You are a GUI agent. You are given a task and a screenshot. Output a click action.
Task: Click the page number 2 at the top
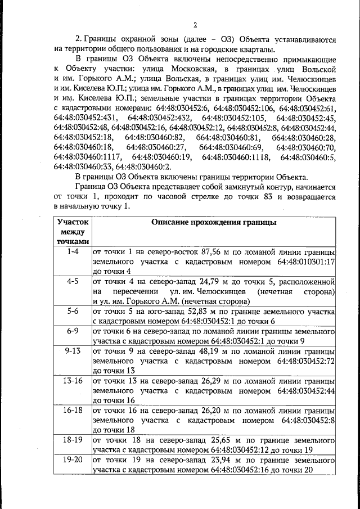(195, 25)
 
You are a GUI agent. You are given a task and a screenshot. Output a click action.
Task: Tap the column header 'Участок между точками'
(73, 232)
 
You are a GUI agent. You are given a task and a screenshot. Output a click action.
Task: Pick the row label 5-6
(73, 310)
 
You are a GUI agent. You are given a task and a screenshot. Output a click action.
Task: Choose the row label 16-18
(73, 411)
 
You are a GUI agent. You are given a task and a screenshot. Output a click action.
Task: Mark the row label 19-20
(73, 460)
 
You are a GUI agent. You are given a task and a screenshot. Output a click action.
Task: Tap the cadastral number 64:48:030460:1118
(235, 157)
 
